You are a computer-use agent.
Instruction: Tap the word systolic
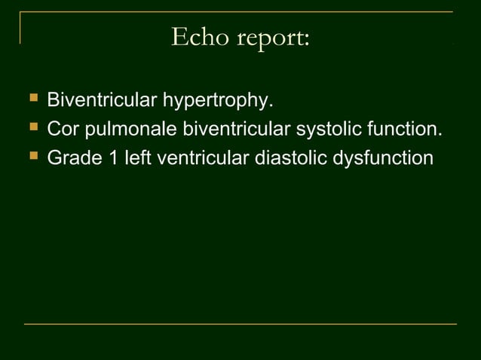[x=321, y=130]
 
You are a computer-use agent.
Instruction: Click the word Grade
[x=71, y=158]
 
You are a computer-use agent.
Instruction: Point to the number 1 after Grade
[x=109, y=158]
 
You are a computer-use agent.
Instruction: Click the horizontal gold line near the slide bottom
[x=240, y=324]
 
